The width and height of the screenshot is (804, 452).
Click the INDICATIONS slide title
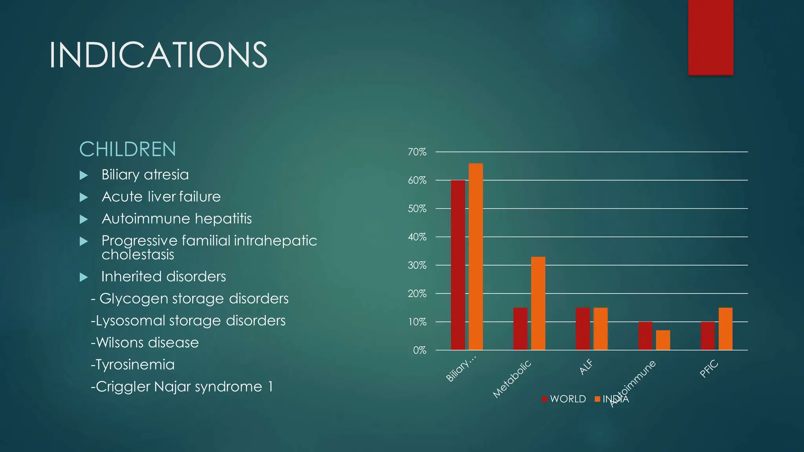tap(158, 55)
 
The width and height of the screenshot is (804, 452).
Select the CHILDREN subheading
tap(128, 149)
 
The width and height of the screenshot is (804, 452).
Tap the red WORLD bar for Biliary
tap(458, 265)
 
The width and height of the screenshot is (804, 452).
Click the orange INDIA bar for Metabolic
tap(538, 303)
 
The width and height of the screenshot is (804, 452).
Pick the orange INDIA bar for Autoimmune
tap(663, 340)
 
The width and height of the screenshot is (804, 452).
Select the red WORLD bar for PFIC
tap(707, 335)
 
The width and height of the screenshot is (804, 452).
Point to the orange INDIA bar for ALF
tap(600, 329)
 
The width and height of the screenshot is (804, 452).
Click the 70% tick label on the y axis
tap(417, 152)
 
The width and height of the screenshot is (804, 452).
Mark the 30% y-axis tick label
tap(417, 265)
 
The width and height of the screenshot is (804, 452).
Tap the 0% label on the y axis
tap(419, 350)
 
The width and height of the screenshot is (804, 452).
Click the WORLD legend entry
tap(564, 399)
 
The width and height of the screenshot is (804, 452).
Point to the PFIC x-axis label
tap(709, 369)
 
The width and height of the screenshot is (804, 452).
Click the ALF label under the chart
tap(586, 367)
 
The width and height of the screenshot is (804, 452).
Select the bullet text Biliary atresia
tap(145, 175)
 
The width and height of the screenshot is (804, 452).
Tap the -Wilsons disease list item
tap(145, 343)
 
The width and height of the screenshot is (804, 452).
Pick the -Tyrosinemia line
tap(133, 365)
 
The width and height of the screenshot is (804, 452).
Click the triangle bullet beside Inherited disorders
tap(84, 277)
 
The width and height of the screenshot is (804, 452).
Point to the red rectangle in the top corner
tap(711, 37)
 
